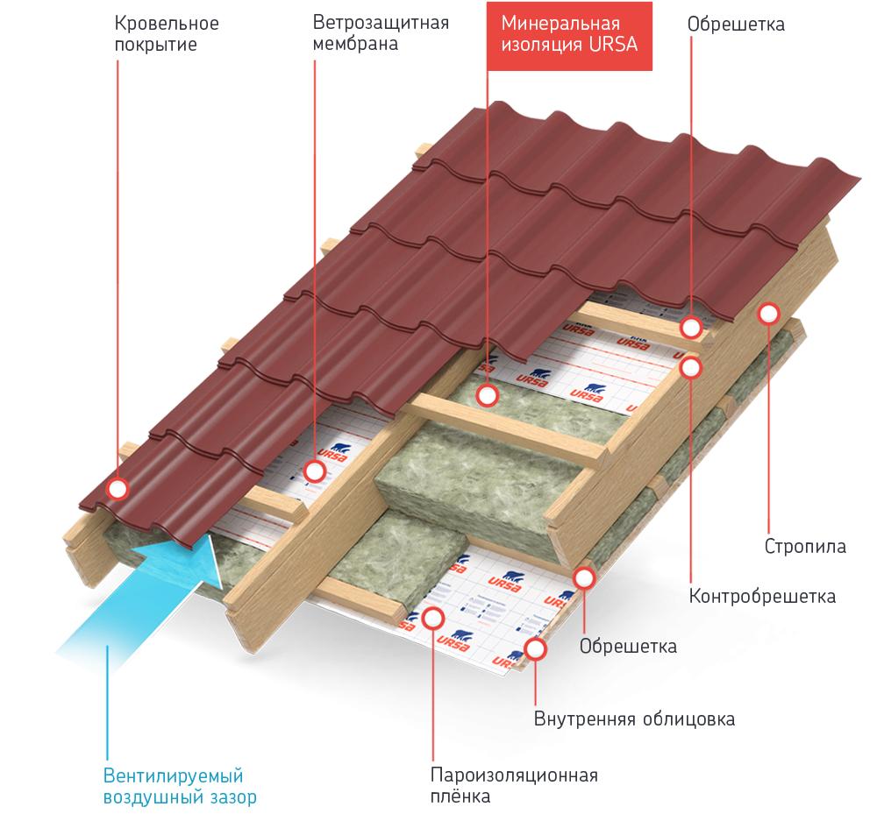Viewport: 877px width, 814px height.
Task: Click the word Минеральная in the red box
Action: (560, 24)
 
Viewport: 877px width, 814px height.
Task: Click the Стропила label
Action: (805, 547)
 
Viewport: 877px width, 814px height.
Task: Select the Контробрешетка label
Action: (762, 597)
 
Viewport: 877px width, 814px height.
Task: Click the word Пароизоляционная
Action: (514, 775)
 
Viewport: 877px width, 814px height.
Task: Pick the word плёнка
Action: (460, 796)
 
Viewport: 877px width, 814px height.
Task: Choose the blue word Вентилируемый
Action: (173, 776)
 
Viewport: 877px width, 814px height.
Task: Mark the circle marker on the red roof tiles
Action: (117, 488)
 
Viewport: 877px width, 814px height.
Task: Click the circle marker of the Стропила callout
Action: (769, 313)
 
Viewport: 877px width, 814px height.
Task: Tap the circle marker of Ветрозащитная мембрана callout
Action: (315, 471)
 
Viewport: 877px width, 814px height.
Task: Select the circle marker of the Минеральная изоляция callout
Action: (488, 395)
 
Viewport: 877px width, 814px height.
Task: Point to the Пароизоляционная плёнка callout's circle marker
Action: (433, 618)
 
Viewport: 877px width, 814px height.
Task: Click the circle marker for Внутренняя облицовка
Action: (536, 649)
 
